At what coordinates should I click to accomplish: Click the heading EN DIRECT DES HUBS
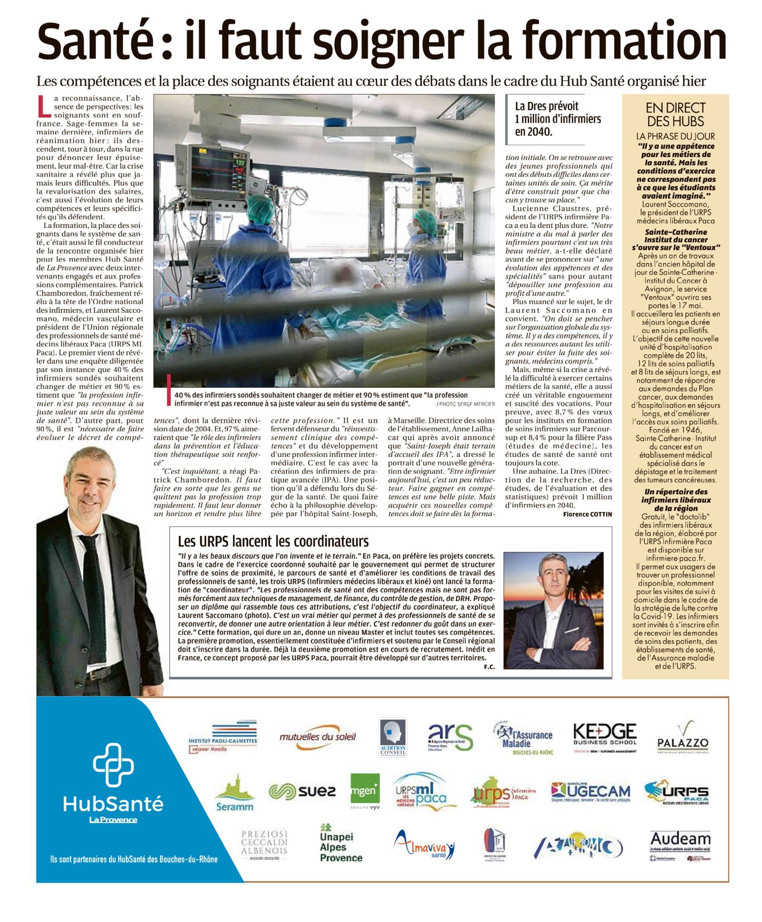coord(675,115)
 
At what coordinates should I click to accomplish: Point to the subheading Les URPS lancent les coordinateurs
coord(273,541)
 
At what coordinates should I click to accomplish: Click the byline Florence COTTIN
coord(587,514)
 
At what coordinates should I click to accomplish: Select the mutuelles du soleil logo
coord(318,737)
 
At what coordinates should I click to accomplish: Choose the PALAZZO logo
coord(682,739)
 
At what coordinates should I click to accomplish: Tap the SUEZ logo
coord(302,792)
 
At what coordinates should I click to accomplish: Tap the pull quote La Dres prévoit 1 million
coord(558,119)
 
